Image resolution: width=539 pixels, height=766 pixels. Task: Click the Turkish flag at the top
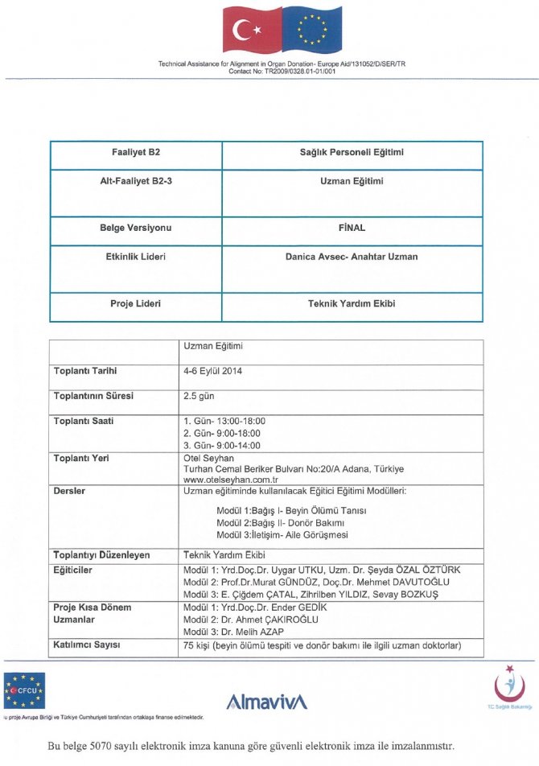click(248, 30)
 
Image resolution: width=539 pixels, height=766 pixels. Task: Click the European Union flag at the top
click(311, 30)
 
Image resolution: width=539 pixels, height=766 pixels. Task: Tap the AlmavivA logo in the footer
click(267, 702)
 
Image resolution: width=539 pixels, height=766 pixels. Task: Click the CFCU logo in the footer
click(25, 690)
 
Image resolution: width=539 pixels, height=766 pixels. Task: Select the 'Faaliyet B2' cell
click(135, 152)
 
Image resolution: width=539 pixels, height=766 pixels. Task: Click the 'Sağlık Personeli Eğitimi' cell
click(352, 152)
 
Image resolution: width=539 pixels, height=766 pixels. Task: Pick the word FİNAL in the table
click(352, 228)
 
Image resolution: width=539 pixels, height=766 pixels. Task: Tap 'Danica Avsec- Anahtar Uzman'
click(352, 257)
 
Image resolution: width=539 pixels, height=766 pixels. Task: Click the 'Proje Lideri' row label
click(135, 303)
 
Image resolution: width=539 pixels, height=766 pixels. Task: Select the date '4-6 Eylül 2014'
click(213, 371)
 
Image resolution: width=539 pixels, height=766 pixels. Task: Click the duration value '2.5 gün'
click(200, 396)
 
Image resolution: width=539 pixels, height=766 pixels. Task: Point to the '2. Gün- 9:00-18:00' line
click(222, 433)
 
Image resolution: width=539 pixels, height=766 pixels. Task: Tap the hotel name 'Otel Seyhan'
click(208, 458)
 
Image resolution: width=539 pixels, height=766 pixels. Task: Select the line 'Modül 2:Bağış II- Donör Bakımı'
click(280, 522)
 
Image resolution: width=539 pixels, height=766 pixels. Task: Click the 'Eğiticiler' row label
click(73, 569)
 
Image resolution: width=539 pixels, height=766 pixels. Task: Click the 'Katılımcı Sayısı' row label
click(87, 645)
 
